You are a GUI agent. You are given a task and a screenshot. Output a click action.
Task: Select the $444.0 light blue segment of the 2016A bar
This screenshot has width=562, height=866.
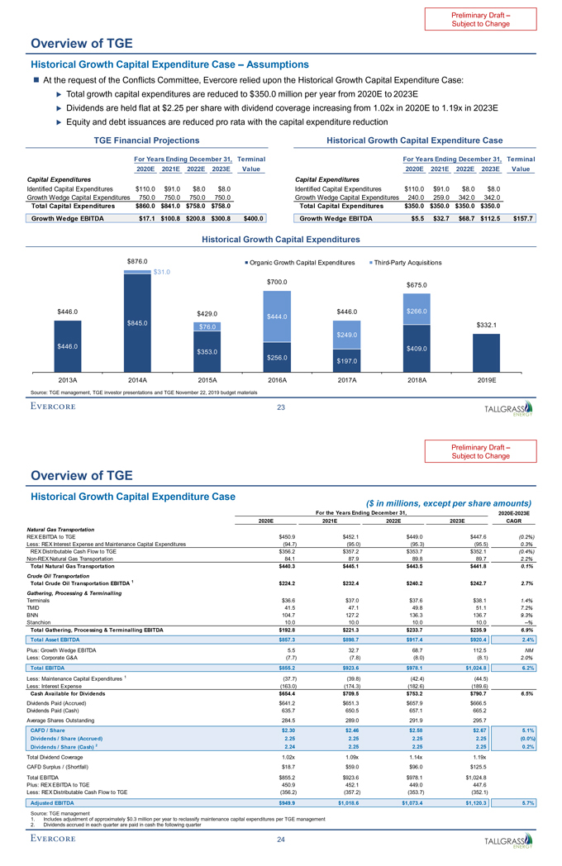[x=277, y=316]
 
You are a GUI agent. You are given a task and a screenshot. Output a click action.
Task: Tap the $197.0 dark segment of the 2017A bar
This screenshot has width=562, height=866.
[x=347, y=360]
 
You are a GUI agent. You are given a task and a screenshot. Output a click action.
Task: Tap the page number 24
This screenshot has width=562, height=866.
[x=280, y=841]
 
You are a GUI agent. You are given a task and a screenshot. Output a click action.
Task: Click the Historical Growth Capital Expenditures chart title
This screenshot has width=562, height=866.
[x=280, y=240]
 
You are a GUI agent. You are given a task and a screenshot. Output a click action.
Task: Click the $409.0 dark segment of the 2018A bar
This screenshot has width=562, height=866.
[x=417, y=350]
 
